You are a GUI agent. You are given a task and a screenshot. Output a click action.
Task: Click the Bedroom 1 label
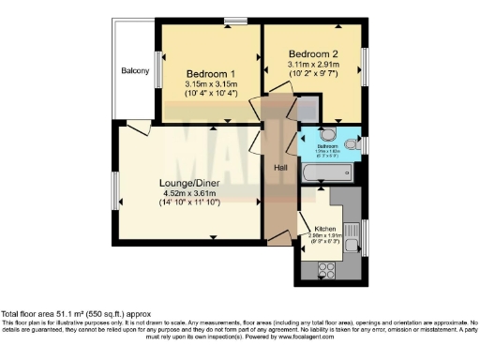(x=210, y=74)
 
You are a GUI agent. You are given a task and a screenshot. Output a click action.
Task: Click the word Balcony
(x=134, y=71)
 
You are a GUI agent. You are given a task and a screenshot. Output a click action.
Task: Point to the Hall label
(x=279, y=168)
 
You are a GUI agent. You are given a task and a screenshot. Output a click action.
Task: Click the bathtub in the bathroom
(x=324, y=172)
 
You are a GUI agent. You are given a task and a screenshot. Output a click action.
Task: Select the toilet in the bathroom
(x=352, y=144)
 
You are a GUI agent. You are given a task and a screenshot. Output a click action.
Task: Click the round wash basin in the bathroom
(x=324, y=134)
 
